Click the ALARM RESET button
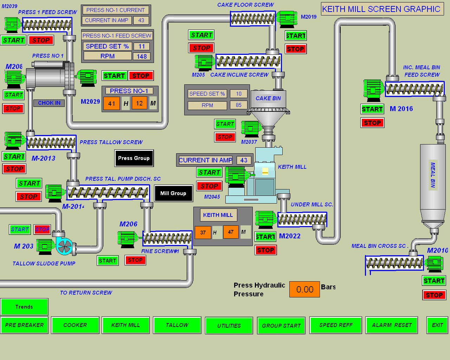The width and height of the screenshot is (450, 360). click(392, 325)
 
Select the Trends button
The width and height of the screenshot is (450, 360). click(24, 307)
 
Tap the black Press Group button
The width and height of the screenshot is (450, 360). click(134, 158)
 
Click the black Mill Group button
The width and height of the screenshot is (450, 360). click(173, 193)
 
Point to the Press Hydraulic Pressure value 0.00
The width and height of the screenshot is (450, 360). click(304, 289)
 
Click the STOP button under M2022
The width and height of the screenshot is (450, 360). click(265, 250)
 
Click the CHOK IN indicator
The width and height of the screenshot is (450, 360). click(49, 103)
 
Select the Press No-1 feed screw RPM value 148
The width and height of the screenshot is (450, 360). click(142, 56)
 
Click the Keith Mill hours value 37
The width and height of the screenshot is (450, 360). click(203, 232)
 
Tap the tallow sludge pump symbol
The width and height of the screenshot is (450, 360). click(64, 246)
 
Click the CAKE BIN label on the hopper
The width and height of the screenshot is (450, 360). click(268, 98)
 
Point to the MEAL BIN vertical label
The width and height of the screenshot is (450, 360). click(433, 175)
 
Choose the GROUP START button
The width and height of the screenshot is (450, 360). click(281, 326)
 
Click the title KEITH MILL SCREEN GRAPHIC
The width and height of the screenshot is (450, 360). click(381, 9)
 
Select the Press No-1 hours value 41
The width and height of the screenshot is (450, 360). click(111, 103)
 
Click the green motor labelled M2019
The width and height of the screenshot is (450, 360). click(287, 19)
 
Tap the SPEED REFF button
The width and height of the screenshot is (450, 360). click(336, 325)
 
